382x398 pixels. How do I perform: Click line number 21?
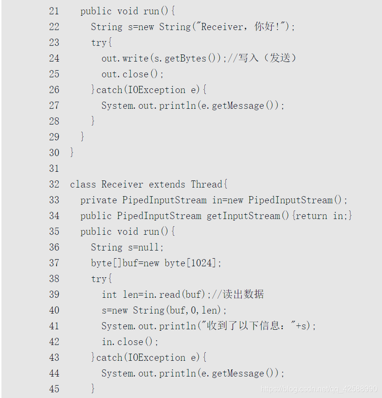click(54, 11)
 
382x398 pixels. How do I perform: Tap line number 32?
click(54, 184)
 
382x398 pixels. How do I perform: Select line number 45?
click(54, 389)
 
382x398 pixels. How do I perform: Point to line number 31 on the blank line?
click(54, 168)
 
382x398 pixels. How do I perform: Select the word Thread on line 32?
click(207, 184)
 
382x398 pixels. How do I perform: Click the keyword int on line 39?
click(109, 294)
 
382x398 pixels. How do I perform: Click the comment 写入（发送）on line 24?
click(267, 58)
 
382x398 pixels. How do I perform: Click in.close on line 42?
click(122, 342)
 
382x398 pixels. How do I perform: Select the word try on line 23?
click(99, 42)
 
